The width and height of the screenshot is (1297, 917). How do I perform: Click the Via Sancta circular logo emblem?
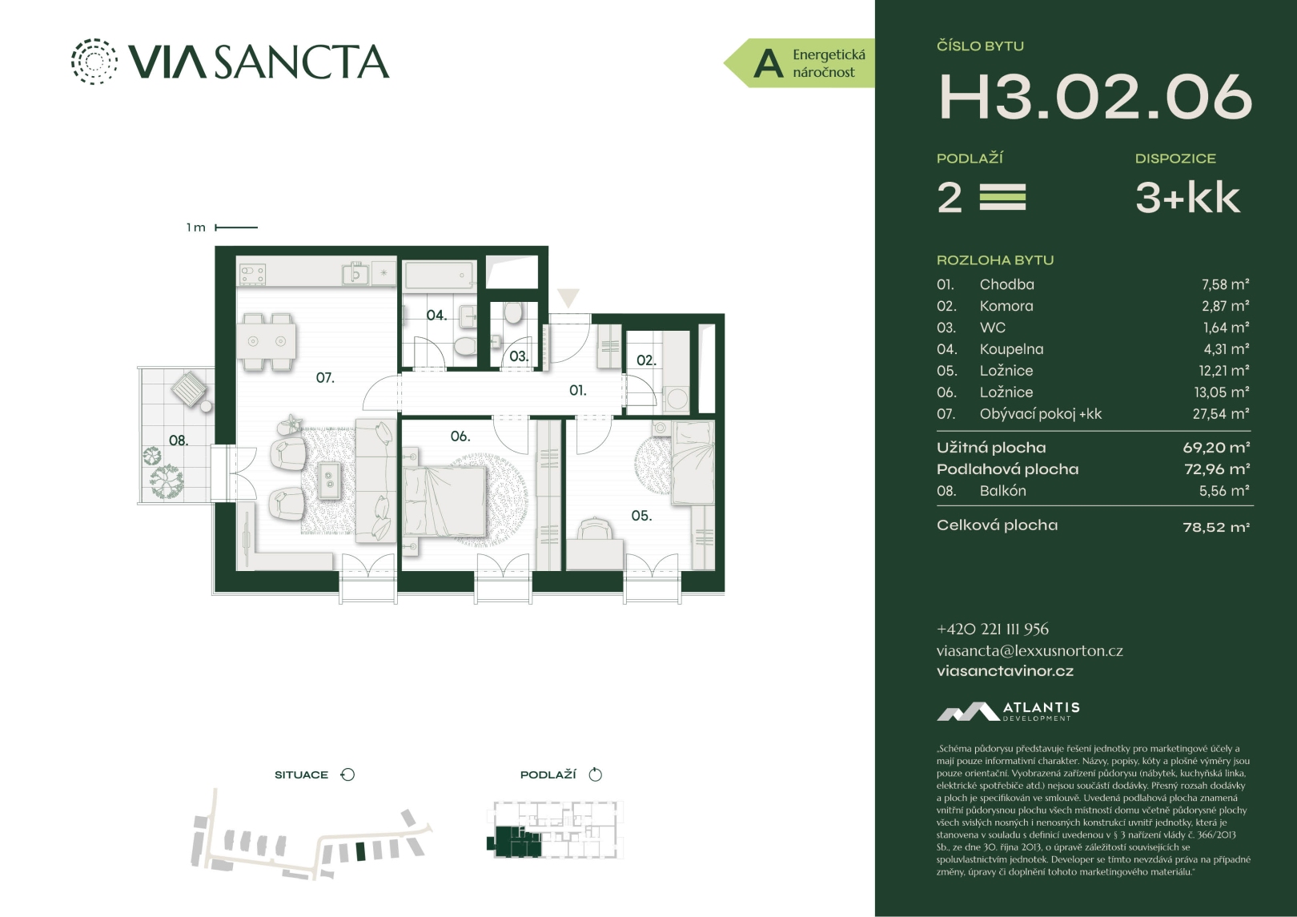94,62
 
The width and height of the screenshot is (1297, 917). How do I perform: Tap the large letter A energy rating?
768,64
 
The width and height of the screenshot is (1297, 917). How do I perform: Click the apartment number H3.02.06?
1095,97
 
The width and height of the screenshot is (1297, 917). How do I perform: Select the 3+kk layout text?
1187,198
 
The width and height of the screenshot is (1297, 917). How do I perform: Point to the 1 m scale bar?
236,227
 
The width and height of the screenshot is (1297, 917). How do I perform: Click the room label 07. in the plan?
325,378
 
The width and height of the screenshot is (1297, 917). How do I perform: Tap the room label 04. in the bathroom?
436,315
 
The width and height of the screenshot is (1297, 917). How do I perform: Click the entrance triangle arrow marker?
568,298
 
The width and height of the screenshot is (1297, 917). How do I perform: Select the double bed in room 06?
444,501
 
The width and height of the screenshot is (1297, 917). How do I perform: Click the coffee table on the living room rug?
330,480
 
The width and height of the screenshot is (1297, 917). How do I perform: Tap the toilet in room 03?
512,313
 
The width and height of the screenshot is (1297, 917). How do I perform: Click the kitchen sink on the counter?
355,273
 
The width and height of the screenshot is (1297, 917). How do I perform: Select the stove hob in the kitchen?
252,274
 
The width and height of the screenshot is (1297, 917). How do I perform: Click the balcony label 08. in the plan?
179,440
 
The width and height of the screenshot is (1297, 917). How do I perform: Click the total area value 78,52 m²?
1216,526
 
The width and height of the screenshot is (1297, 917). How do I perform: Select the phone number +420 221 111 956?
993,629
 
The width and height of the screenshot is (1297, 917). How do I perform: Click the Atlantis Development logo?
1008,711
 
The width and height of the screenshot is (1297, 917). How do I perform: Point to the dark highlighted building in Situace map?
361,851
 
